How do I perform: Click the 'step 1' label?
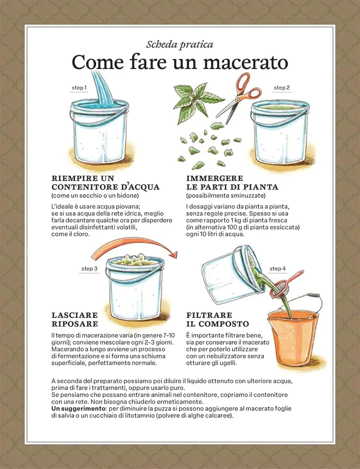click(x=79, y=88)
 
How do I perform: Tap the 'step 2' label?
click(x=282, y=88)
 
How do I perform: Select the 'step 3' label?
click(x=89, y=269)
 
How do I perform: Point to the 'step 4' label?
click(x=277, y=269)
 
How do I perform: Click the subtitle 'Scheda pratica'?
click(x=180, y=45)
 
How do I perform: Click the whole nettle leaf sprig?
click(x=197, y=101)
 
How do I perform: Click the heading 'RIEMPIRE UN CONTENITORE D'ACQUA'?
click(x=105, y=182)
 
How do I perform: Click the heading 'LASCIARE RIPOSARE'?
click(x=75, y=319)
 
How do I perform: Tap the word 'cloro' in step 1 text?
click(x=81, y=234)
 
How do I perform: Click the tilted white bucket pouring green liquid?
click(x=227, y=272)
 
